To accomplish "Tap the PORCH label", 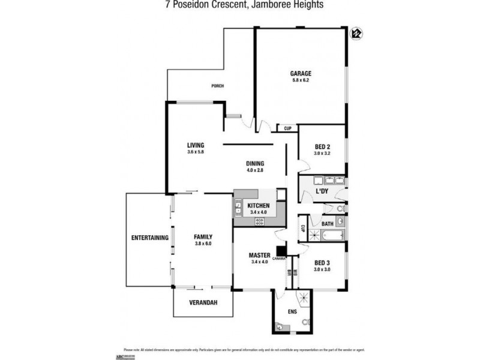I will pyautogui.click(x=217, y=86).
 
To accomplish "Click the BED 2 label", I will pyautogui.click(x=322, y=147).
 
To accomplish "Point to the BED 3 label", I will pyautogui.click(x=322, y=263).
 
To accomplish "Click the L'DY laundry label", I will pyautogui.click(x=323, y=191).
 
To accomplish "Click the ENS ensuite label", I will pyautogui.click(x=293, y=312).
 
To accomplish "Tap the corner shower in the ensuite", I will pyautogui.click(x=305, y=296).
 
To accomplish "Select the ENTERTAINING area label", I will pyautogui.click(x=149, y=238).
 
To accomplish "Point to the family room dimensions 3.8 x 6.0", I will pyautogui.click(x=203, y=244).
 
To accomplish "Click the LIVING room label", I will pyautogui.click(x=196, y=145).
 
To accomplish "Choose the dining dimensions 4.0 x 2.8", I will pyautogui.click(x=255, y=170).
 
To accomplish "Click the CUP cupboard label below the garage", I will pyautogui.click(x=288, y=128).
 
